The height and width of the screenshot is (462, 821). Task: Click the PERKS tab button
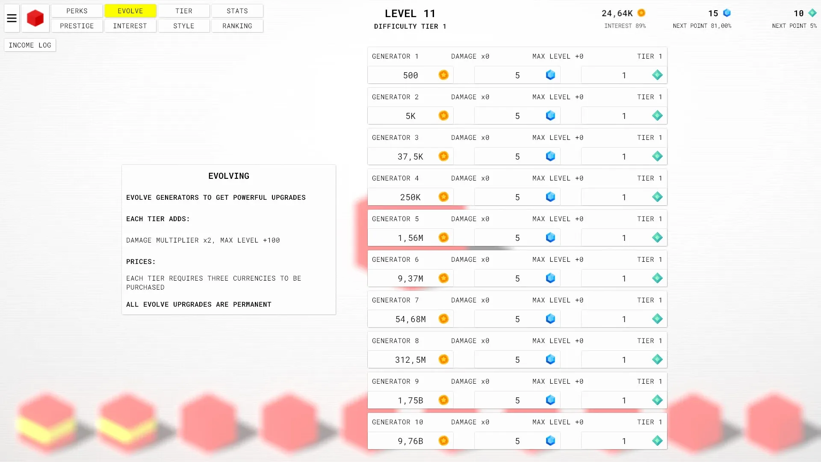pos(77,11)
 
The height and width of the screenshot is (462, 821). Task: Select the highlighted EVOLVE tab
pos(130,11)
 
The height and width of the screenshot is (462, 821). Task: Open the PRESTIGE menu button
pos(77,26)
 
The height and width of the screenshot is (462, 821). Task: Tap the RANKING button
pos(237,26)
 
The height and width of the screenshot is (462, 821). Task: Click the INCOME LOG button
pos(30,45)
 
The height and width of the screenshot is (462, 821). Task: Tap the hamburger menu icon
pos(12,18)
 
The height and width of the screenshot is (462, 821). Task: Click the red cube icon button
pos(35,18)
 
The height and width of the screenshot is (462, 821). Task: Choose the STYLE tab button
pos(184,26)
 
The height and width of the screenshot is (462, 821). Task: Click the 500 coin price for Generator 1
pos(410,75)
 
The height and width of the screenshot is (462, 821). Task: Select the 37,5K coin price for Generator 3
pos(410,157)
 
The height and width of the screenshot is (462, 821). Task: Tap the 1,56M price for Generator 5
pos(410,238)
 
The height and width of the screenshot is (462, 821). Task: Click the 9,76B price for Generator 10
pos(410,441)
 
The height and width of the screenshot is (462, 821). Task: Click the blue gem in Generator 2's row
pos(551,115)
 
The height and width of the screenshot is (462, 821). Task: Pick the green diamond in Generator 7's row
pos(657,319)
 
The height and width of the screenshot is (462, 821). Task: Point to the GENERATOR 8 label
pos(396,341)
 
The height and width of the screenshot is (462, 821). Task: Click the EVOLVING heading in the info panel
pos(229,176)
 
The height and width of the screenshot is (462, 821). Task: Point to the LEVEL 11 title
pos(410,14)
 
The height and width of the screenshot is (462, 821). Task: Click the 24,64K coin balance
pos(617,13)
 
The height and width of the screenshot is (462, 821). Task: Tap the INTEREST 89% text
pos(625,26)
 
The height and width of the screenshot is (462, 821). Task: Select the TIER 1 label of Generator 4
pos(650,178)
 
